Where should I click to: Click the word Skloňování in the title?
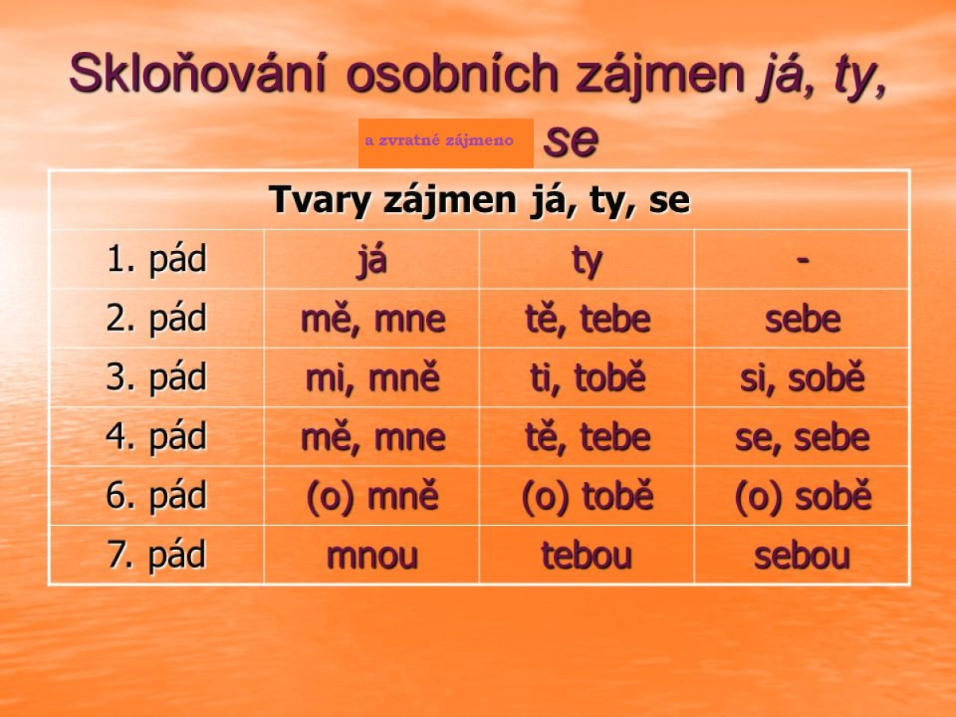click(x=198, y=72)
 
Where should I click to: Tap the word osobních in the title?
click(x=453, y=72)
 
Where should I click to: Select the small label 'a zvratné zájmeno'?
click(x=439, y=141)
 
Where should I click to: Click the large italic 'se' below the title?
click(x=571, y=141)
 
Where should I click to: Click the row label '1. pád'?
click(x=156, y=260)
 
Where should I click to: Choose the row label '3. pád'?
click(x=156, y=378)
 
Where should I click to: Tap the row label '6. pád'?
click(x=156, y=496)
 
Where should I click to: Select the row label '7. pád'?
click(x=156, y=555)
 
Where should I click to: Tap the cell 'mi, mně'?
click(x=372, y=378)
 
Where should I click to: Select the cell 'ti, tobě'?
click(x=587, y=378)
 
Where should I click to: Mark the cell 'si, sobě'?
click(x=802, y=378)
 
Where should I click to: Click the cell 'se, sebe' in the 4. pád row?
click(x=802, y=437)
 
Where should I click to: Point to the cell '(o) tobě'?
click(x=587, y=496)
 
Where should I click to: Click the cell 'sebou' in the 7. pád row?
click(x=801, y=555)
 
